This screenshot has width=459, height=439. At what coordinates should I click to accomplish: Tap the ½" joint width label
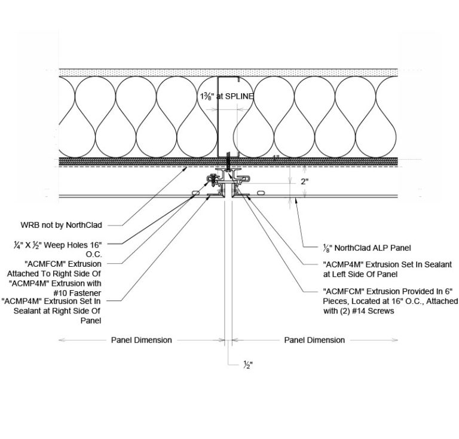pyautogui.click(x=246, y=366)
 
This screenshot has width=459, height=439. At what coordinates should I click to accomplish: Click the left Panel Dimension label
pyautogui.click(x=142, y=340)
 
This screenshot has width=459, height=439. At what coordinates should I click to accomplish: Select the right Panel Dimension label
pyautogui.click(x=314, y=340)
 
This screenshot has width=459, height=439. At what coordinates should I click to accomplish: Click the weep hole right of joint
pyautogui.click(x=261, y=191)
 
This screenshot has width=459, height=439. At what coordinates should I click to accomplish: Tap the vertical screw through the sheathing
pyautogui.click(x=228, y=161)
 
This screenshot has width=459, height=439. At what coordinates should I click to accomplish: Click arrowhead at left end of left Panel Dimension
pyautogui.click(x=60, y=340)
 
